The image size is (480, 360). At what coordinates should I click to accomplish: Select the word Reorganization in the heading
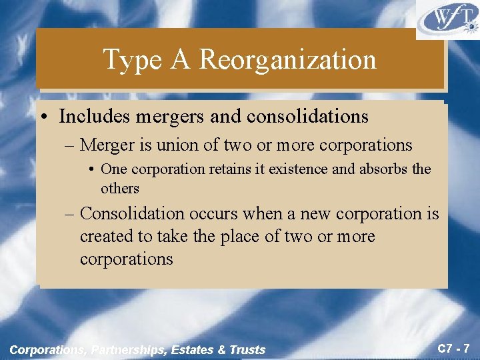click(287, 60)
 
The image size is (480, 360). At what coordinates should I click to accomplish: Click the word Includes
click(95, 117)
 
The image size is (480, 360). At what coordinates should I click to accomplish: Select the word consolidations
click(307, 117)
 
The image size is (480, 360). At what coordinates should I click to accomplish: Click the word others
click(120, 188)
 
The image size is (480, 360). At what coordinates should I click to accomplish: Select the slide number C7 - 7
click(453, 347)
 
